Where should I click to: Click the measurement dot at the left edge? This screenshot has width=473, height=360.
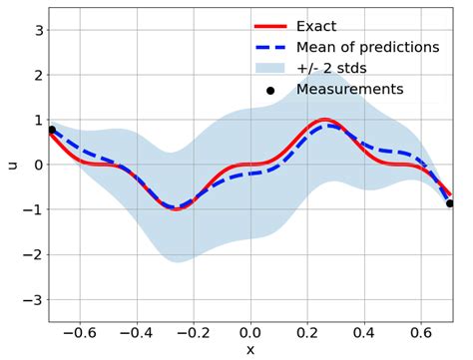tap(52, 130)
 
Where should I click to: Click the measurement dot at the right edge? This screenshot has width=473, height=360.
tap(450, 203)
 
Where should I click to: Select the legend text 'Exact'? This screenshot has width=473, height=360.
tap(316, 26)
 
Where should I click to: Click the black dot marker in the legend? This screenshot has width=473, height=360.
tap(269, 91)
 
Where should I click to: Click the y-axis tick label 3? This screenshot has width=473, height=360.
tap(37, 30)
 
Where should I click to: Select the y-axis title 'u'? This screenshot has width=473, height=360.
tap(12, 165)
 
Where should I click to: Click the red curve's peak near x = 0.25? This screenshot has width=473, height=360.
tap(324, 120)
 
